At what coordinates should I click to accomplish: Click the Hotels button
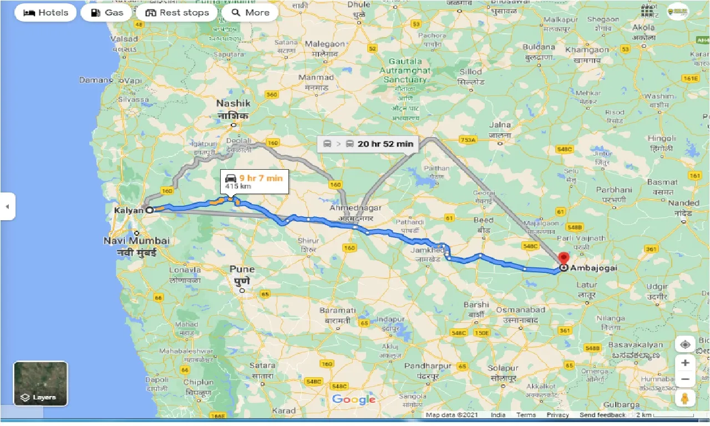click(45, 12)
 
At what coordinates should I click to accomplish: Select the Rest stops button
click(176, 12)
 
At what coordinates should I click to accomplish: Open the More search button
click(250, 12)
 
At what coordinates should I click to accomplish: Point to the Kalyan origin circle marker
click(149, 210)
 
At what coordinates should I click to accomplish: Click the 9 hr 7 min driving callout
click(254, 181)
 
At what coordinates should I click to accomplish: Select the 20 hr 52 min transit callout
click(368, 144)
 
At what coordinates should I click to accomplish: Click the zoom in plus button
click(685, 363)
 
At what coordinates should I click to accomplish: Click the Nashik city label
click(234, 104)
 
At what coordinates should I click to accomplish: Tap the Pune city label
click(242, 270)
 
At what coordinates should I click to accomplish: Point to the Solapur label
click(503, 368)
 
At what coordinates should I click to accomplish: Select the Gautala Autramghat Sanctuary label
click(405, 70)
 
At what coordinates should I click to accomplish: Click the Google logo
click(354, 399)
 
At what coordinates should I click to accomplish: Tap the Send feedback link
click(602, 415)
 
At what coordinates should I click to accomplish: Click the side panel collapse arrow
click(7, 206)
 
